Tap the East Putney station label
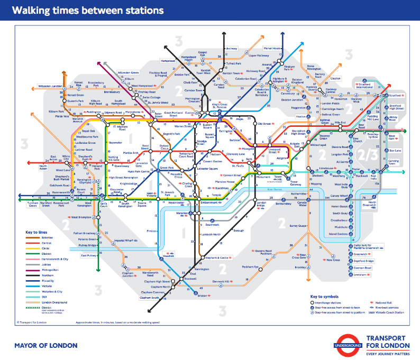(88, 255)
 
